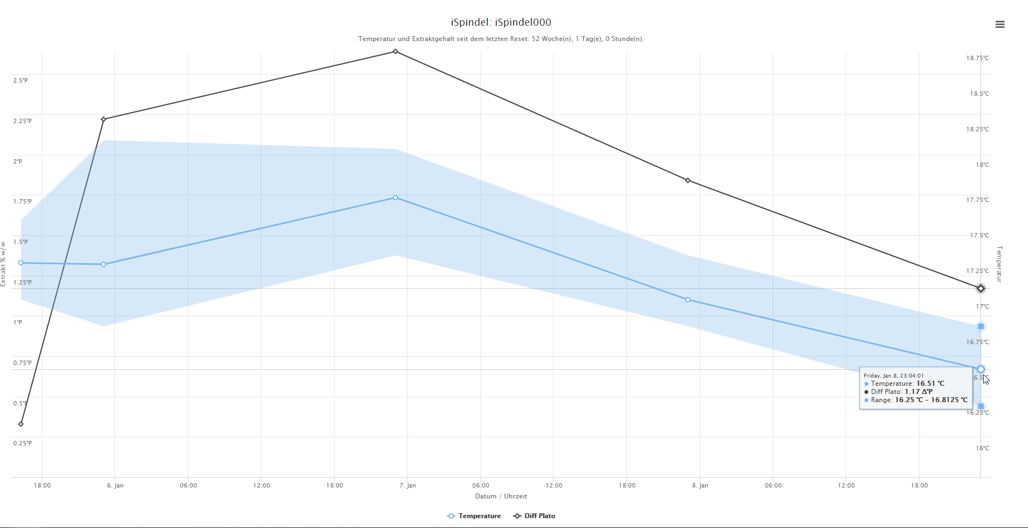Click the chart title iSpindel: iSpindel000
(501, 22)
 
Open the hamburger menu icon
(1000, 25)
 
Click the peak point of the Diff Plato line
(395, 52)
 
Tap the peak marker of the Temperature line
(395, 198)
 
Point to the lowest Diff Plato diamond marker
(21, 424)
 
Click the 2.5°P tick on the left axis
(20, 80)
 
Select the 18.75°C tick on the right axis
(977, 58)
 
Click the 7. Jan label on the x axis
(407, 485)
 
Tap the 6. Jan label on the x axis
(115, 485)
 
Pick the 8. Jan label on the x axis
(700, 485)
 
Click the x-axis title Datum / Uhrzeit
(501, 496)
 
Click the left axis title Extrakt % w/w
(3, 264)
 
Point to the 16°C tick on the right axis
(982, 448)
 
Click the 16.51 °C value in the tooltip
(930, 384)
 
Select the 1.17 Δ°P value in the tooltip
(918, 392)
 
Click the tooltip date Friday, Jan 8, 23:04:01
(893, 375)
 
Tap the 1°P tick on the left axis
(18, 322)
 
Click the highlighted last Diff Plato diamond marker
(980, 288)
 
